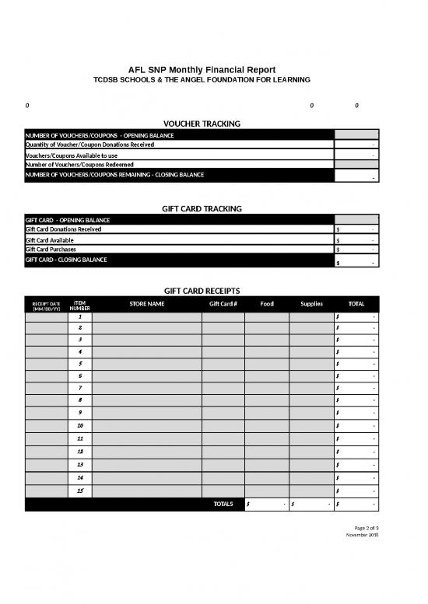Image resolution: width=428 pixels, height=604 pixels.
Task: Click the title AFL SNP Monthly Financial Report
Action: click(x=202, y=70)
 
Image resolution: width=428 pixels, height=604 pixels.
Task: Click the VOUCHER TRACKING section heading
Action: click(x=202, y=124)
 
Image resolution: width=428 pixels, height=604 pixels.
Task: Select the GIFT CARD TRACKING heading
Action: click(x=202, y=208)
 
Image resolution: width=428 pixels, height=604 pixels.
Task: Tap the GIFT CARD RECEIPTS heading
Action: click(x=202, y=290)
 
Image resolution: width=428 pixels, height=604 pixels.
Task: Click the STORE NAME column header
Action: click(x=147, y=304)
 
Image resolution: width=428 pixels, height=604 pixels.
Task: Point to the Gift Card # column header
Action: click(x=223, y=304)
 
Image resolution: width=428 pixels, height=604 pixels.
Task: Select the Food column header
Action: click(x=266, y=304)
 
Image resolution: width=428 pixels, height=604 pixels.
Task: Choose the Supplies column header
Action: click(x=311, y=304)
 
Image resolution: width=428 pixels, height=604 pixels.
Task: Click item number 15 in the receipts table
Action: click(x=80, y=491)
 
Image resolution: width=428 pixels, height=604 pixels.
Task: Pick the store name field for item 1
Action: click(x=147, y=317)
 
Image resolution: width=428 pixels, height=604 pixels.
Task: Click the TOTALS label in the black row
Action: click(x=223, y=504)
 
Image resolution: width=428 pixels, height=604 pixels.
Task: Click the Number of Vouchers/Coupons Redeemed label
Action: click(x=79, y=165)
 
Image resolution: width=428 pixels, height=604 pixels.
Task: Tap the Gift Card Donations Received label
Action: click(x=63, y=229)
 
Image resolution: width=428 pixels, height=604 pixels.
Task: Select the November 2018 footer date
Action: click(x=362, y=535)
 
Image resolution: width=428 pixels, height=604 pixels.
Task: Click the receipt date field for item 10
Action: click(x=46, y=427)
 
